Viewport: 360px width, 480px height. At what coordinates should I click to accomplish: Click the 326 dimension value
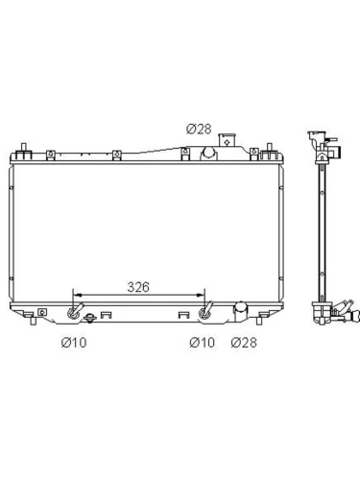point(138,287)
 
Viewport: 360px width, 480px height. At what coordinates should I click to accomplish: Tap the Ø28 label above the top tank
point(199,129)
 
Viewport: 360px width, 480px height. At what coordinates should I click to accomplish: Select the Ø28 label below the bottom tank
point(244,343)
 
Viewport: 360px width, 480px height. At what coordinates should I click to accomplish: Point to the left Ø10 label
point(74,343)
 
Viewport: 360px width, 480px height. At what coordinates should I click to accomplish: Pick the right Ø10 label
point(202,343)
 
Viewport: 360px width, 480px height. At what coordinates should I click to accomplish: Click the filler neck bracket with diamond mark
point(227,140)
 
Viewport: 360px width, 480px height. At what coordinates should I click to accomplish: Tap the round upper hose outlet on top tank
point(208,153)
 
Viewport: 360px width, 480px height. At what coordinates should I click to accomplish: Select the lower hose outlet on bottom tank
point(241,311)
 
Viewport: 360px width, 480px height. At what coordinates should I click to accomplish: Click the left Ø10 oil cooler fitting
point(75,311)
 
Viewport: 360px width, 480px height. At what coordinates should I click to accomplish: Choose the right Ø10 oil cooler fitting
point(204,311)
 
